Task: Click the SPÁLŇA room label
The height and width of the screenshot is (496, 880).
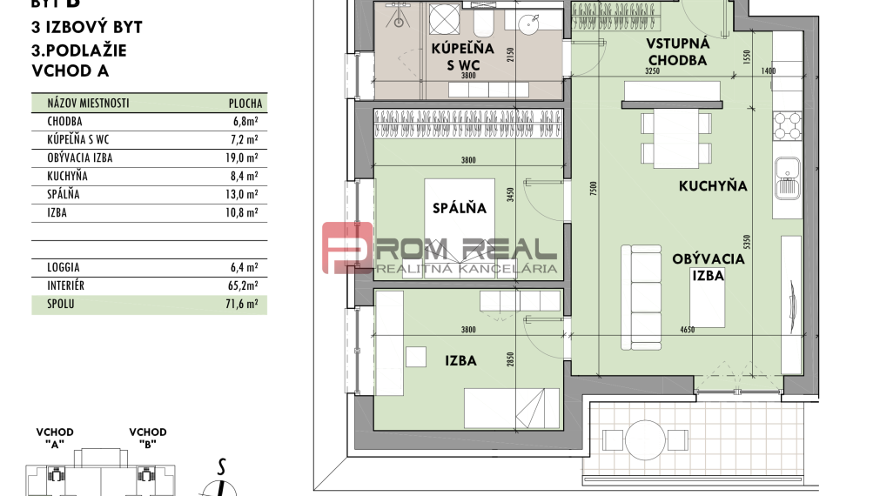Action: [460, 209]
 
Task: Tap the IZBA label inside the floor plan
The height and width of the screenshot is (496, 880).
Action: [460, 360]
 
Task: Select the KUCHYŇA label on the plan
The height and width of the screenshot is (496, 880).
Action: [712, 186]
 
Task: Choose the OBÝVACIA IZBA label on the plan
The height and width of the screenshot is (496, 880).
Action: [708, 266]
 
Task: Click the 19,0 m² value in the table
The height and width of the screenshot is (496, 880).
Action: [246, 158]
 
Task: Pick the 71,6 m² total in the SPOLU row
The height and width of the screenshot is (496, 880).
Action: [246, 305]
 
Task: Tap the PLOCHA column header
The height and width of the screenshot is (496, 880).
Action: [245, 103]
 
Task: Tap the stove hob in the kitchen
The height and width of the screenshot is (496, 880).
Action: [786, 126]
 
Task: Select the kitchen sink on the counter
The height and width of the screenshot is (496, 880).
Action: [787, 177]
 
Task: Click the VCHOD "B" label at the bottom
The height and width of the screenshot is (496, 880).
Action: [148, 437]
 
